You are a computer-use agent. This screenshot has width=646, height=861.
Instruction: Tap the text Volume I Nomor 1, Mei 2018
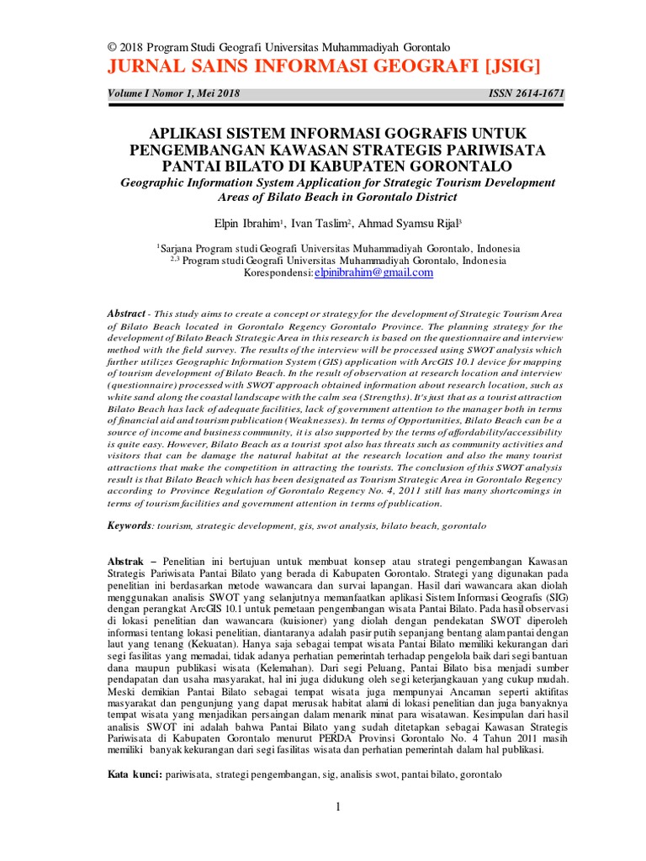[173, 94]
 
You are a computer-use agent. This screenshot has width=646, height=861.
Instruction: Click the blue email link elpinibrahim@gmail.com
[373, 272]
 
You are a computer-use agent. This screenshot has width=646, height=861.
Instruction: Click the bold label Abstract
[126, 312]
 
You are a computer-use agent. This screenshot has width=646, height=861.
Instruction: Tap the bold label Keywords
[129, 525]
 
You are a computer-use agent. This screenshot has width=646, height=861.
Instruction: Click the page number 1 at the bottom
[337, 808]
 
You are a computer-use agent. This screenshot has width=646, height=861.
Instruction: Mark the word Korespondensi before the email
[278, 273]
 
